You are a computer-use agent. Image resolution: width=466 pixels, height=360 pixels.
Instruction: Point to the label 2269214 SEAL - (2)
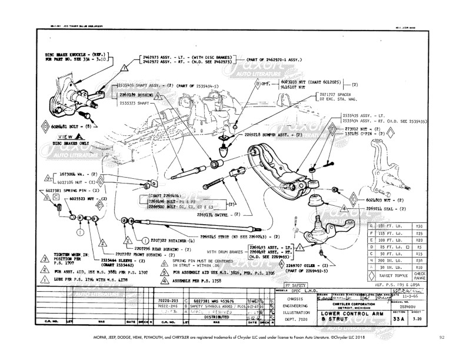click(388, 209)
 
